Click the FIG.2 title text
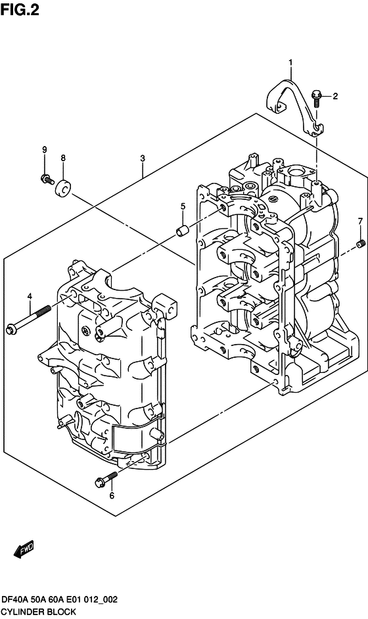click(20, 9)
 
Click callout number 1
click(290, 62)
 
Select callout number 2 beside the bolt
click(335, 96)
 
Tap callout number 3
click(143, 159)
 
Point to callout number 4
click(29, 296)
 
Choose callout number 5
click(183, 206)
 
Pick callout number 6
click(112, 495)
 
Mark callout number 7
click(359, 222)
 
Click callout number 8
click(63, 159)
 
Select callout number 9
click(45, 149)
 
